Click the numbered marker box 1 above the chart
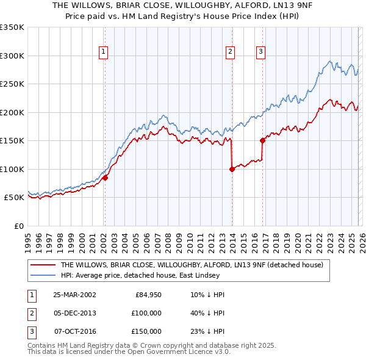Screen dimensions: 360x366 click(104, 52)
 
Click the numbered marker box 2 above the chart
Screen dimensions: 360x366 click(231, 52)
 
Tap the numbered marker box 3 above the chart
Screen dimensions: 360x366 click(261, 52)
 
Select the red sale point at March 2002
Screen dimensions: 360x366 click(105, 178)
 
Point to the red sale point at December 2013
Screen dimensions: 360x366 click(232, 169)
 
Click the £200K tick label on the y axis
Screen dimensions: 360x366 click(12, 112)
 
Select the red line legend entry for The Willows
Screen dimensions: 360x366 click(194, 265)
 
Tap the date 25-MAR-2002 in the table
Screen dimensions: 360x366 click(74, 295)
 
